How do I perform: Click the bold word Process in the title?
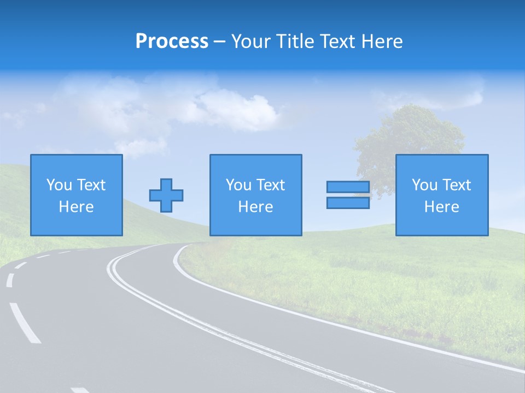172,41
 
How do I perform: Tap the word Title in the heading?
293,41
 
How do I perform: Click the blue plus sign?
166,195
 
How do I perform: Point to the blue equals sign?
348,195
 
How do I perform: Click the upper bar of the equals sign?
348,187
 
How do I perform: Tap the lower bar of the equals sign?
348,203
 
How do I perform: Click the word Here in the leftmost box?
76,207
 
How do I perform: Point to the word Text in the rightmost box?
457,185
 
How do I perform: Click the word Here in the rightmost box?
441,207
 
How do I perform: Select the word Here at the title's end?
382,41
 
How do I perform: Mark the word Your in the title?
251,41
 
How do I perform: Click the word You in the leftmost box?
59,185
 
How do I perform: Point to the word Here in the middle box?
255,207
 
